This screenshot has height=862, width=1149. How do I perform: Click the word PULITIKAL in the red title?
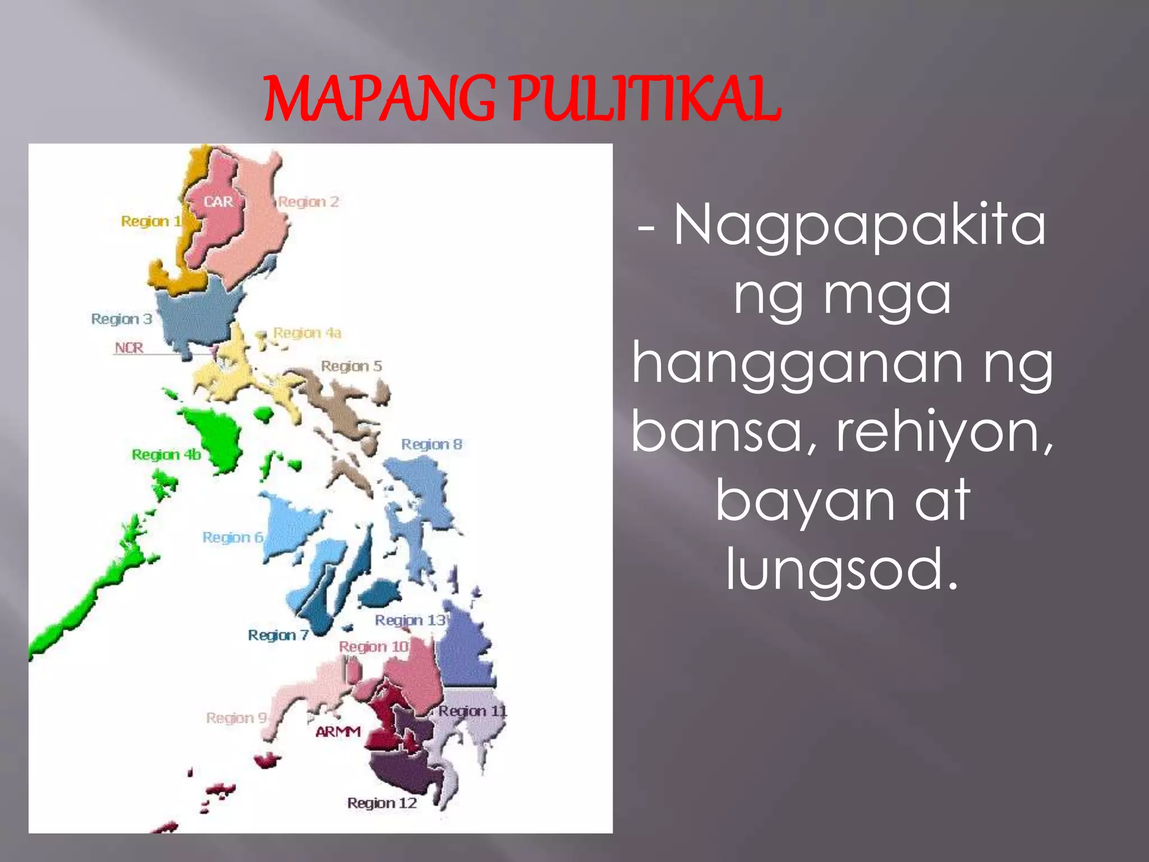645,99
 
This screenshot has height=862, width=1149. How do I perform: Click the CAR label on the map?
218,201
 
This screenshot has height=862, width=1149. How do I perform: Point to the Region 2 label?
309,201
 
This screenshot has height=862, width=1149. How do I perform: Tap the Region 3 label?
122,319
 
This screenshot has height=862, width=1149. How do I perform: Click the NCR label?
129,348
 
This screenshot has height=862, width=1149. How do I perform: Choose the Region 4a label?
307,333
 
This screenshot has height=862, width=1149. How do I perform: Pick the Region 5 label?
351,366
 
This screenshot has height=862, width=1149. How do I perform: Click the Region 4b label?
166,454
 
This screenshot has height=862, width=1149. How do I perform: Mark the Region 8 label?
431,444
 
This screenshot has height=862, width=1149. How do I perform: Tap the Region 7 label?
278,635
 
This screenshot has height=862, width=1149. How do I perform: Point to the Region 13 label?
411,620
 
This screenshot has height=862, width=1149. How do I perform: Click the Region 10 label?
374,646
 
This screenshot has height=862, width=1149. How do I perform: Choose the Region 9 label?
236,718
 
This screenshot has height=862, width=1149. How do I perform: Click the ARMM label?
338,732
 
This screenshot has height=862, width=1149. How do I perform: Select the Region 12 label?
382,803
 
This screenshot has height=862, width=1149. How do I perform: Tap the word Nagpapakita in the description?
860,226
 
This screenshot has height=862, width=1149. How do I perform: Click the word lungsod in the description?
842,570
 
